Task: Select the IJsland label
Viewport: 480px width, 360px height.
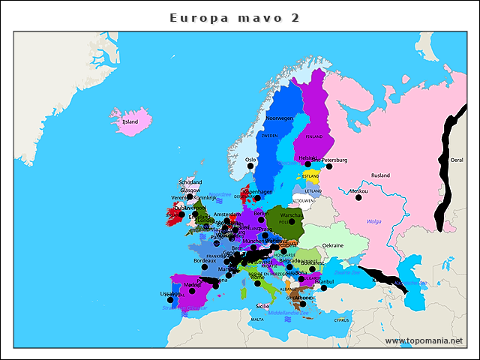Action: (x=130, y=121)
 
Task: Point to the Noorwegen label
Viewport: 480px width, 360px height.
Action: (x=279, y=118)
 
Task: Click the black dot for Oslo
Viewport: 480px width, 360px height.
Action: (x=250, y=167)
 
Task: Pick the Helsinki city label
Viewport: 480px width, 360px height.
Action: (x=308, y=157)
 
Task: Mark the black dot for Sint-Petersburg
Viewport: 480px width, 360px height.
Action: (x=328, y=166)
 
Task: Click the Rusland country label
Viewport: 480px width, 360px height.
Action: (x=380, y=175)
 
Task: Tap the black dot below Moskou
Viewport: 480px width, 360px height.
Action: (x=358, y=198)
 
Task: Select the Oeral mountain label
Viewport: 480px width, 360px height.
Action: (x=456, y=160)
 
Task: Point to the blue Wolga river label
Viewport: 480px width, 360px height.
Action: (x=374, y=221)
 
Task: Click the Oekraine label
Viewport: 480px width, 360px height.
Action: (x=332, y=245)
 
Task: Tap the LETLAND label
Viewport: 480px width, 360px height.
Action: (x=313, y=191)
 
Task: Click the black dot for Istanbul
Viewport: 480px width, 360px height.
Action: (x=324, y=288)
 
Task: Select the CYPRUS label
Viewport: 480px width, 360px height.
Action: (x=342, y=319)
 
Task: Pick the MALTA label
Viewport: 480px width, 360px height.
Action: (x=257, y=319)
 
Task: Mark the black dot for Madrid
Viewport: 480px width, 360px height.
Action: (x=192, y=291)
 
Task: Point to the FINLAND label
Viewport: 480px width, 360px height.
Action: (x=313, y=136)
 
